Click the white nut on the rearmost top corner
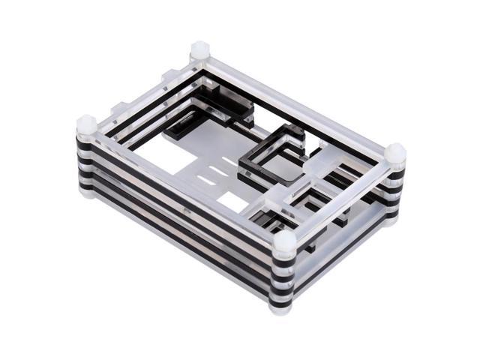tap(200, 51)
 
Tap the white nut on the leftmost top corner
tap(86, 124)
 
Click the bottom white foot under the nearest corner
tap(281, 307)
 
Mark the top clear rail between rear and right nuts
tap(300, 100)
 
